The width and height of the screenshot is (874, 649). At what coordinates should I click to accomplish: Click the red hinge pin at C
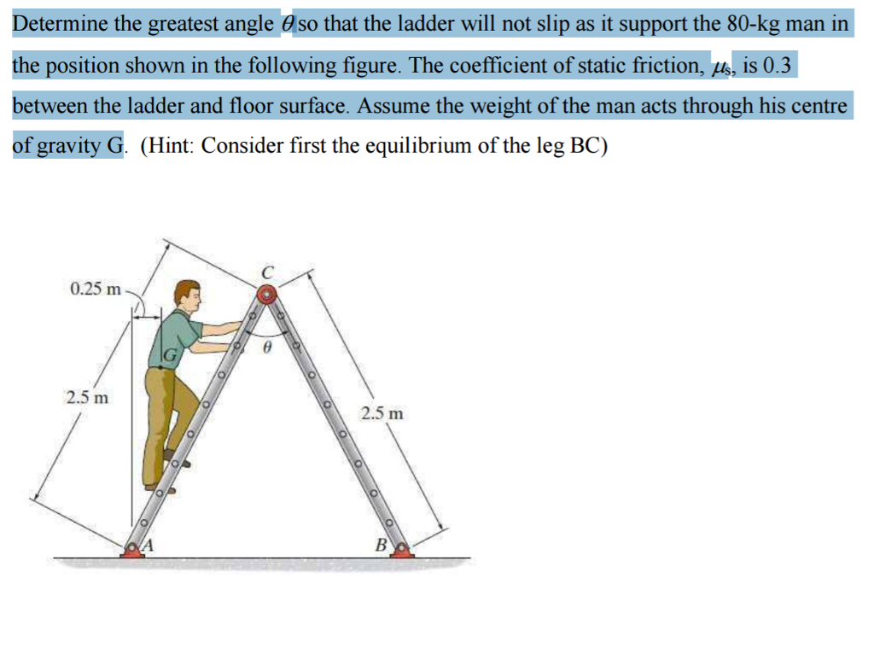(x=267, y=295)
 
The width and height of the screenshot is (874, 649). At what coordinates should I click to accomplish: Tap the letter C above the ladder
(x=267, y=272)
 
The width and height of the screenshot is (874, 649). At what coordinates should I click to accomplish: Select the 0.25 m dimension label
(x=96, y=289)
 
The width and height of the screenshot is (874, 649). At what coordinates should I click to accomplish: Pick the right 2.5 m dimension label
(x=382, y=414)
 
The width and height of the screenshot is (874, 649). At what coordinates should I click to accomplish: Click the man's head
(x=187, y=295)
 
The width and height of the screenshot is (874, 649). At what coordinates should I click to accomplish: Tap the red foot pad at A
(x=132, y=550)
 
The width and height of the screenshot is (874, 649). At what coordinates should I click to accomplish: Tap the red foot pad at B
(x=401, y=550)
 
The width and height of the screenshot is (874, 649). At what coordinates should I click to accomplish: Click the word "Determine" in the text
(x=61, y=24)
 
